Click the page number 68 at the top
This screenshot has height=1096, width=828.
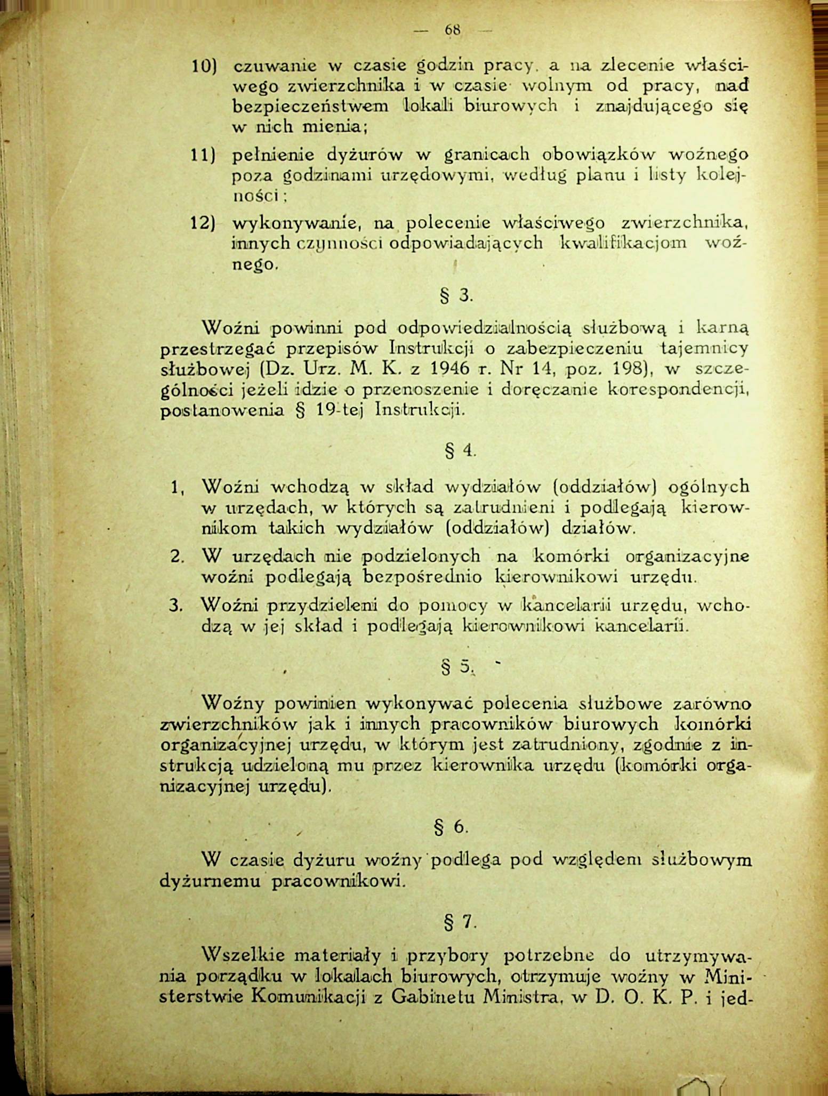point(453,30)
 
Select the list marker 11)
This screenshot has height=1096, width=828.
point(203,156)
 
